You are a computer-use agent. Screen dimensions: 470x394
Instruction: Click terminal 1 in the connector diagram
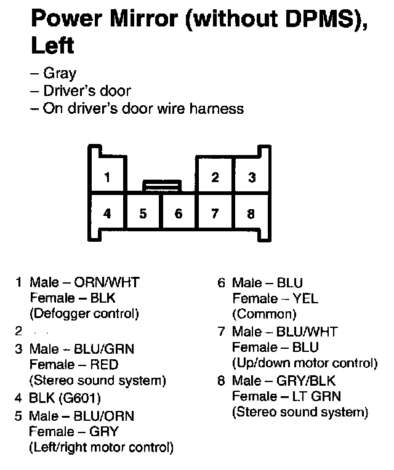107,178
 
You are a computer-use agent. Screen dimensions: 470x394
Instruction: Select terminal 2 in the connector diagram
215,178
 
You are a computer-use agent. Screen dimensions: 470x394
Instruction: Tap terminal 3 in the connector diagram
252,178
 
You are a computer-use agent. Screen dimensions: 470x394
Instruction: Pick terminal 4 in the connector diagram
107,214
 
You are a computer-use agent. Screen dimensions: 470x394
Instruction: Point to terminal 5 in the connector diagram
143,214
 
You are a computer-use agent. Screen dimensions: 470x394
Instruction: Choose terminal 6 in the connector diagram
179,214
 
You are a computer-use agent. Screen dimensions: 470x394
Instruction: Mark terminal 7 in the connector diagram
215,214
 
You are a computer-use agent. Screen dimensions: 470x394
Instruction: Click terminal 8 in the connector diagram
251,214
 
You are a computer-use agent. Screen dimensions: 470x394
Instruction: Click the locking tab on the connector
161,185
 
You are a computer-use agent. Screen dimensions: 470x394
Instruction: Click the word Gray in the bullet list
60,74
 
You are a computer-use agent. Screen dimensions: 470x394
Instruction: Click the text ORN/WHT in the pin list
107,283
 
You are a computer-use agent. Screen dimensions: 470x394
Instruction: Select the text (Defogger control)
84,314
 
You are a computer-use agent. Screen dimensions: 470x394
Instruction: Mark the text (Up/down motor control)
305,363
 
